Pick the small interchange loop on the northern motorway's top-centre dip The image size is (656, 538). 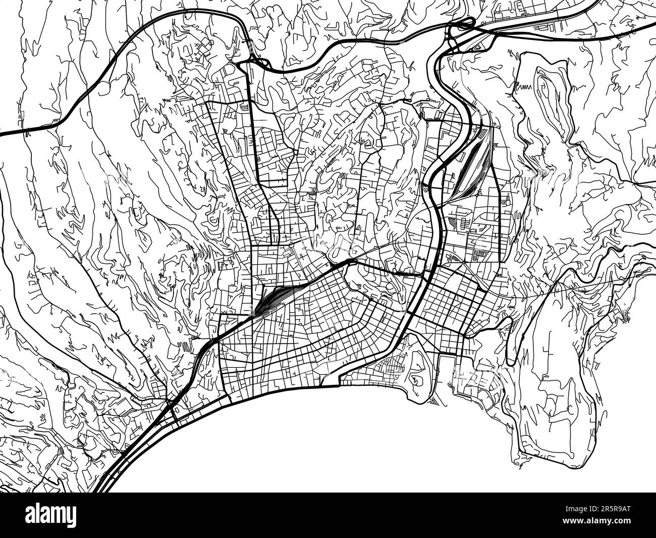[x=255, y=61]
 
